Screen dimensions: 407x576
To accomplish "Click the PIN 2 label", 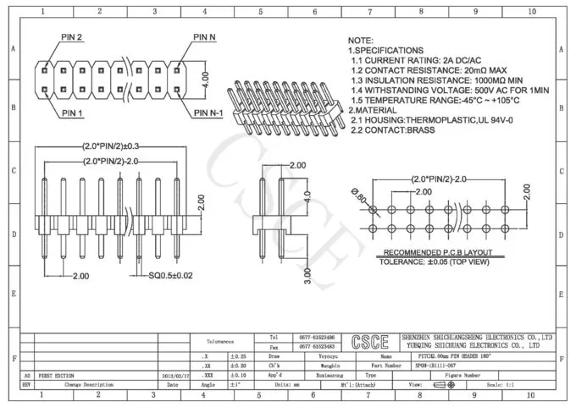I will point(71,38).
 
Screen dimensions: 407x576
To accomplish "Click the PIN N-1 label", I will point(208,113).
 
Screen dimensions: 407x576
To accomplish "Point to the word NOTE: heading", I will point(361,41).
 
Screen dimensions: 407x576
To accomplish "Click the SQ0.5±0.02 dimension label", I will point(171,276).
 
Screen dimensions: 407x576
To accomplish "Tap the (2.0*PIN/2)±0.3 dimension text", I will point(111,146).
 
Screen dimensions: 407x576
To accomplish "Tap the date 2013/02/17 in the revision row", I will point(173,375).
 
